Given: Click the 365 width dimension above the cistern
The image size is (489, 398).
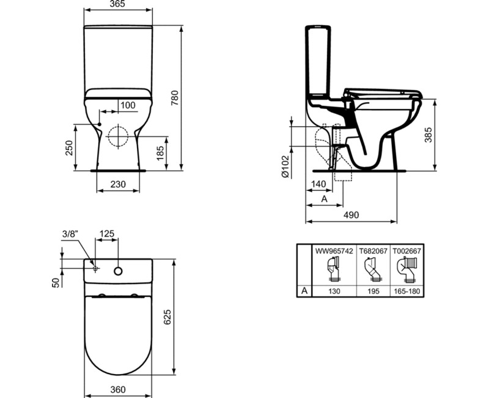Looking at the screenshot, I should coord(118,5).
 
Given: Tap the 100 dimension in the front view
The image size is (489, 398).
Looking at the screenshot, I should coord(128,105).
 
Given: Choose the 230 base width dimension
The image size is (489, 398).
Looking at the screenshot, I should coord(118,184).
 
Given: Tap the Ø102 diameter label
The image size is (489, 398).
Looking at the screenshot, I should coord(285,166).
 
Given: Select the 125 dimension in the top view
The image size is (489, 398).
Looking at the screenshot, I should coord(107,233).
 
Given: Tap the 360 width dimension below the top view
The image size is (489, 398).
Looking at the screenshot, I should coord(118,389).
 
